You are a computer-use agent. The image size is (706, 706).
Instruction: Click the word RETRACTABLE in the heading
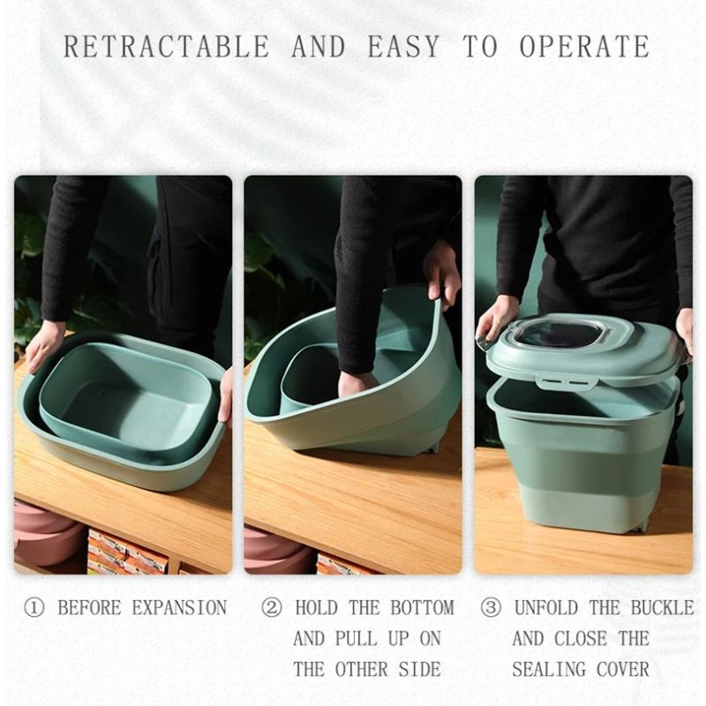coord(168,46)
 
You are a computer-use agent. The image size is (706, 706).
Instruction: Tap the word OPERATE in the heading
coord(584,46)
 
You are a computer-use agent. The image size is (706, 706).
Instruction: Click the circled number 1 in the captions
coord(33,608)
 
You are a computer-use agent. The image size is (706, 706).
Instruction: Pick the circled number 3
coord(491,608)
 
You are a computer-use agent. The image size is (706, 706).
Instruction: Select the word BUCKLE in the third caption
coord(662,608)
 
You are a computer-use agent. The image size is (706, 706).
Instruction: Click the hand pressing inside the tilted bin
coord(357,382)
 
